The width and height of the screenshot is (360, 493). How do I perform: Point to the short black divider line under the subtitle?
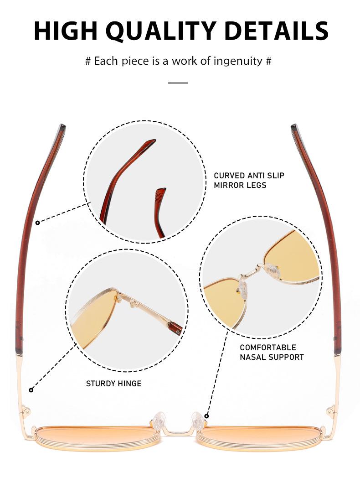click(178, 83)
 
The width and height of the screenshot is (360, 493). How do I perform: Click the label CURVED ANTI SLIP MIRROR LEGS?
click(249, 180)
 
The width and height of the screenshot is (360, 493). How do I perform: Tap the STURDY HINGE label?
click(114, 384)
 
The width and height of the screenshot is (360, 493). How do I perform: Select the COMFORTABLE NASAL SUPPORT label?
click(272, 352)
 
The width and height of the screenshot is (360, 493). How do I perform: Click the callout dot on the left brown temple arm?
click(37, 223)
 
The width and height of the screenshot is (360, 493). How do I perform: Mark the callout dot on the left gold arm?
click(31, 390)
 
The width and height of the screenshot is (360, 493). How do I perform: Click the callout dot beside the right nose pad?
click(206, 416)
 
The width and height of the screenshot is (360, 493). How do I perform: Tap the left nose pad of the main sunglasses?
click(159, 420)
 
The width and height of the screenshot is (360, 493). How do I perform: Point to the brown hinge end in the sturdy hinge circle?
click(175, 327)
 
